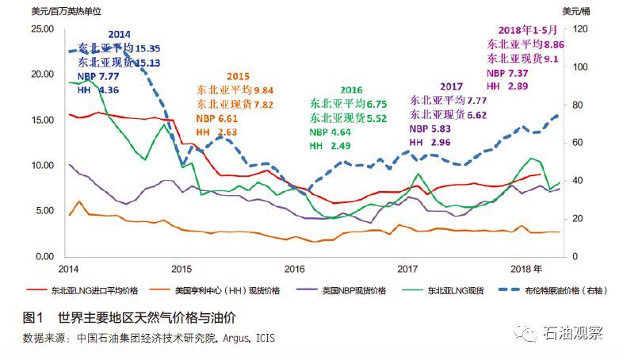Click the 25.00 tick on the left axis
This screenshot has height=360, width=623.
(40, 29)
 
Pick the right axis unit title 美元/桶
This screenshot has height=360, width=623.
(577, 11)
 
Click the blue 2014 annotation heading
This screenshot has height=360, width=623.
(119, 35)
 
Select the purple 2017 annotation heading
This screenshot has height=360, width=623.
(452, 86)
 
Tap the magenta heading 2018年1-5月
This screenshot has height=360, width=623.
(524, 30)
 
